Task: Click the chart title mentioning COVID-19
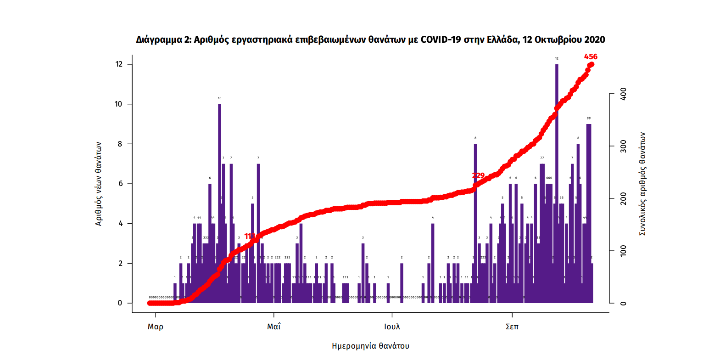click(370, 40)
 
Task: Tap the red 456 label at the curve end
click(591, 57)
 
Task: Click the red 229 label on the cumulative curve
click(478, 175)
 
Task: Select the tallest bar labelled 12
click(557, 184)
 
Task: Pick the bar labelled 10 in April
click(219, 202)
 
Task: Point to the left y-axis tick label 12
click(119, 64)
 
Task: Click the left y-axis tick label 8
click(120, 144)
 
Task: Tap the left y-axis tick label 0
click(120, 303)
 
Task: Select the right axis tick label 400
click(623, 94)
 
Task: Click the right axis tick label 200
click(623, 198)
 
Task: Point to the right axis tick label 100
click(623, 251)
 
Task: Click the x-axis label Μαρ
click(155, 327)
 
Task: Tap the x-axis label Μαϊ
click(274, 327)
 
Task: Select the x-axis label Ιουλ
click(392, 327)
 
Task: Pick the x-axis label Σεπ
click(512, 327)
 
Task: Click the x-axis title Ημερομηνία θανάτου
click(370, 346)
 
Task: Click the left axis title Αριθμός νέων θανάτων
click(98, 184)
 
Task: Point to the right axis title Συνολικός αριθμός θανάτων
click(642, 184)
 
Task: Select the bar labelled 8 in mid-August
click(475, 225)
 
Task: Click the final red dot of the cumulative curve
click(591, 64)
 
